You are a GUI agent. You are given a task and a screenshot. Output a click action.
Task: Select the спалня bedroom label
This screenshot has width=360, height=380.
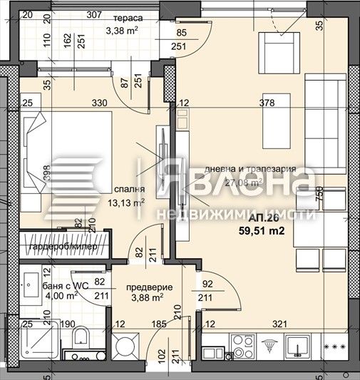pyautogui.click(x=129, y=190)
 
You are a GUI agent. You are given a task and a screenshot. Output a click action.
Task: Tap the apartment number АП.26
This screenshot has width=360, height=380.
pyautogui.click(x=264, y=218)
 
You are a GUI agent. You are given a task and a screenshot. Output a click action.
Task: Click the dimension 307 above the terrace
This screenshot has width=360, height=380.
pyautogui.click(x=94, y=14)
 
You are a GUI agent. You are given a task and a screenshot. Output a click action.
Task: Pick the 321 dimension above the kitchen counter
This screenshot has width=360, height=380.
pyautogui.click(x=280, y=325)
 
